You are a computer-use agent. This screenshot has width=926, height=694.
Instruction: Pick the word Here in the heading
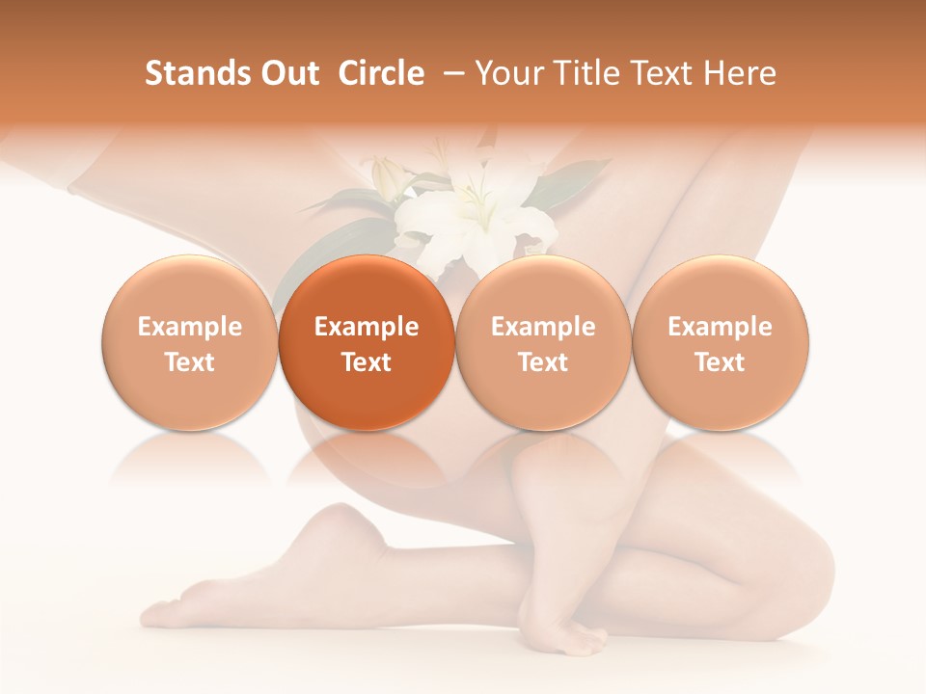point(740,73)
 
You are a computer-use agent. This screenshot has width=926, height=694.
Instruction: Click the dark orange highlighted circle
point(367,343)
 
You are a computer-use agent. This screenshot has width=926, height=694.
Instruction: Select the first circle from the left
point(190,343)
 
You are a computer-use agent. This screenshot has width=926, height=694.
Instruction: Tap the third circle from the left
point(543,343)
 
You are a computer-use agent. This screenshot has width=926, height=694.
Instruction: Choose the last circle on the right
point(721,343)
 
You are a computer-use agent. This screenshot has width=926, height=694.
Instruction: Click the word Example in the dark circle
point(367,327)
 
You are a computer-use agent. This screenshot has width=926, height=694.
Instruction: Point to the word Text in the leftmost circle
point(190,362)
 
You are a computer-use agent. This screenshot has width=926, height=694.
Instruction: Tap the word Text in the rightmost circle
point(721,362)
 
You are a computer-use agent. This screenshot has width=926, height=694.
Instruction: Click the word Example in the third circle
point(543,327)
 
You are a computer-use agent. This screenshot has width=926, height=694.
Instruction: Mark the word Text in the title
point(669,73)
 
